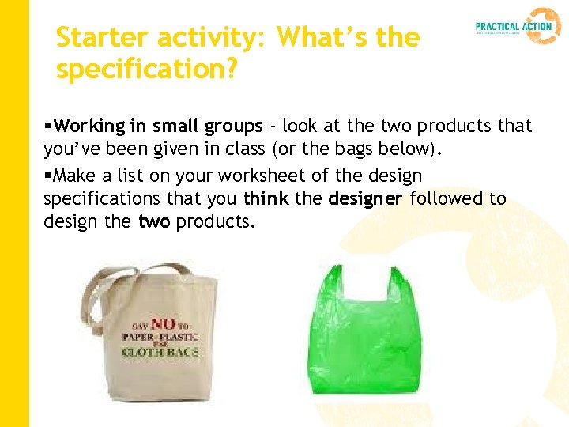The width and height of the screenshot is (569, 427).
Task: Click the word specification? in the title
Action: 146,70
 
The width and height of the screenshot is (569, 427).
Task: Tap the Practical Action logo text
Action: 513,26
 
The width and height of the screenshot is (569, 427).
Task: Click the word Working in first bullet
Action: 91,126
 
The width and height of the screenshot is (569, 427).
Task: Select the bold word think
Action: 266,198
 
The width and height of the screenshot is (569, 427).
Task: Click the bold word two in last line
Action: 155,221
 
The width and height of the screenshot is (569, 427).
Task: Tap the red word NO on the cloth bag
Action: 163,323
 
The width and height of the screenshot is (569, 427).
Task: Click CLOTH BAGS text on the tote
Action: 160,351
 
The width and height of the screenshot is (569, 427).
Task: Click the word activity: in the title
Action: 209,37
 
